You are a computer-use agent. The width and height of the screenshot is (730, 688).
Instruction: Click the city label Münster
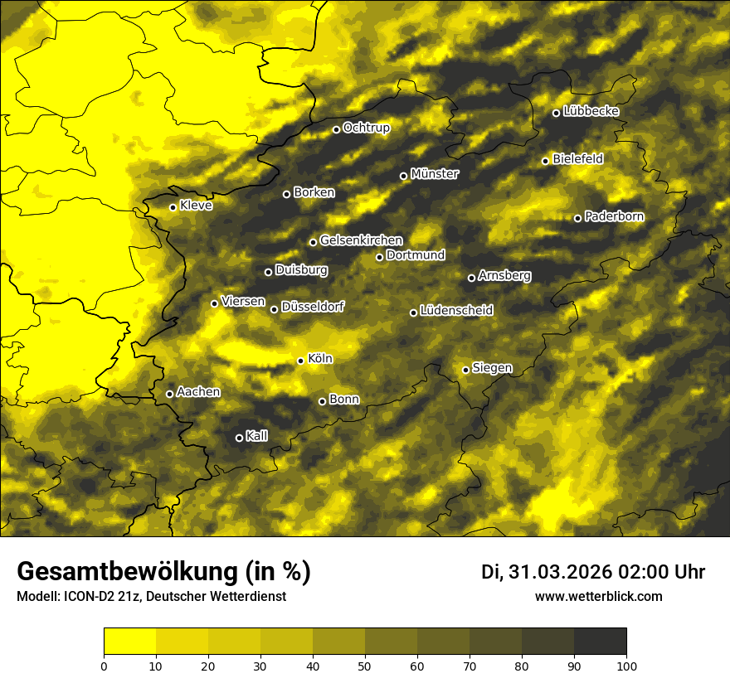coord(435,174)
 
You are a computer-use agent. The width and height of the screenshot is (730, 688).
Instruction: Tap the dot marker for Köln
coord(300,361)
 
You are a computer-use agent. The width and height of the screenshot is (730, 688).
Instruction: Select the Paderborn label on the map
coord(615,216)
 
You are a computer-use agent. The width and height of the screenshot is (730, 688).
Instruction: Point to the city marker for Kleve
coord(173,207)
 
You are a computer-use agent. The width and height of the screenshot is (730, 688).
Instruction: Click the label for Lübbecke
coord(591,112)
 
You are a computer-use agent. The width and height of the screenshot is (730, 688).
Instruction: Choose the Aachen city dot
coord(169,394)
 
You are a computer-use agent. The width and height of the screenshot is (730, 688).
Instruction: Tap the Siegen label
coord(492,368)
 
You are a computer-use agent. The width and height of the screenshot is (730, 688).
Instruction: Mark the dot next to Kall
coord(239,438)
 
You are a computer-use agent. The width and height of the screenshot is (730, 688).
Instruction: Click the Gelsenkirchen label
coord(361,240)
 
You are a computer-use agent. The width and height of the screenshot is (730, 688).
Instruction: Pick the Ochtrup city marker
coord(336,129)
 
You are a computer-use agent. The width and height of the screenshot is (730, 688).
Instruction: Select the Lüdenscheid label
coord(457,311)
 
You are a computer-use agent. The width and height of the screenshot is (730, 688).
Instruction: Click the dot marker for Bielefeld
coord(545,161)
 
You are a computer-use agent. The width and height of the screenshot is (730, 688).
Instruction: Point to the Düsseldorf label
coord(313,307)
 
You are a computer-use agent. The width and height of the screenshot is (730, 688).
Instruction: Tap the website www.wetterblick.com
coord(599,596)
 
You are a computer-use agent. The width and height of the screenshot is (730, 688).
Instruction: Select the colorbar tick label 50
coord(365,665)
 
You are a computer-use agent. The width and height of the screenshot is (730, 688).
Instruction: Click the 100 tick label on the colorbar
coord(625,665)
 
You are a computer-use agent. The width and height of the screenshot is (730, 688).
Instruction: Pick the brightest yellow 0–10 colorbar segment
coord(130,642)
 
